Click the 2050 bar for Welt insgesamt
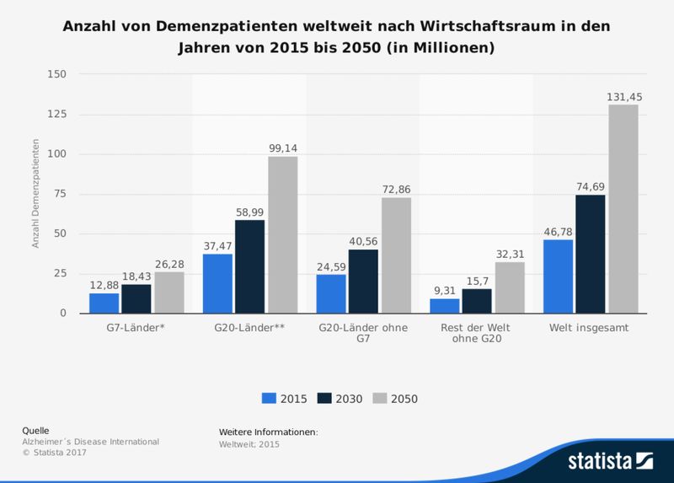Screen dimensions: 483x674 (x=623, y=209)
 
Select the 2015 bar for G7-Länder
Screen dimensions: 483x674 (x=104, y=303)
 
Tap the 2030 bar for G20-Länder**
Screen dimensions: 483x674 (x=250, y=266)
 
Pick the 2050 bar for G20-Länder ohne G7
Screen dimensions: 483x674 (x=396, y=255)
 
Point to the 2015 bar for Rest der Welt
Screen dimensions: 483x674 (x=445, y=306)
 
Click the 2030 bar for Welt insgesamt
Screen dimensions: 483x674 (x=591, y=254)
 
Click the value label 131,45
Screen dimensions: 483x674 (x=624, y=97)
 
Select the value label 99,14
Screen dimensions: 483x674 (x=283, y=148)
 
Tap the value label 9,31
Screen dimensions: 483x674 (x=445, y=291)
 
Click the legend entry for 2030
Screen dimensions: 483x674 (x=340, y=399)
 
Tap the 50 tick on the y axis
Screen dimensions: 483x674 (x=58, y=233)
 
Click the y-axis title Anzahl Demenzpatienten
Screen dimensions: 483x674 (x=35, y=194)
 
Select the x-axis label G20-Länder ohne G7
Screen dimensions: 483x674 (x=363, y=334)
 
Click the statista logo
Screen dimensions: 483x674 (x=610, y=460)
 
